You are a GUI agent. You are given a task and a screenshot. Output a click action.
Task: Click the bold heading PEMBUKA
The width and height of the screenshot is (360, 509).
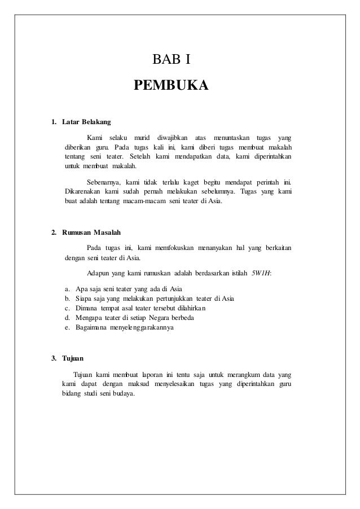click(171, 86)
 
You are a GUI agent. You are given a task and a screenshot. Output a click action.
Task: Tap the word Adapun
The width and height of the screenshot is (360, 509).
click(99, 274)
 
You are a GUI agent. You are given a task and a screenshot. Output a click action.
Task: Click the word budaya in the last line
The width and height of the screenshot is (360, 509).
click(123, 393)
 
